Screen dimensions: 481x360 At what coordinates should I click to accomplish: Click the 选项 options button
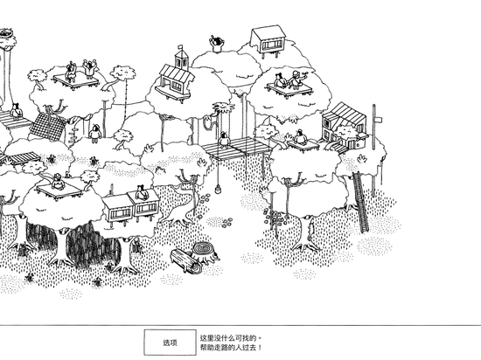pos(170,343)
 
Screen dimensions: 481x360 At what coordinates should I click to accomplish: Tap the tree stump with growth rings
pos(205,251)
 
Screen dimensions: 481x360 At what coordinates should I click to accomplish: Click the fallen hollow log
pos(186,260)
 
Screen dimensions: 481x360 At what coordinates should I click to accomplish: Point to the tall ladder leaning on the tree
pos(360,202)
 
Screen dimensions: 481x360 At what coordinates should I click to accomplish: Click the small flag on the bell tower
pos(180,47)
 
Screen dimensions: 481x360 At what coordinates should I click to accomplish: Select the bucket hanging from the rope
pos(218,189)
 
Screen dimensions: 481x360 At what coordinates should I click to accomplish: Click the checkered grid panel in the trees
pos(47,126)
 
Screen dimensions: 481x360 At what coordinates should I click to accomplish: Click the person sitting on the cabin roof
pos(142,192)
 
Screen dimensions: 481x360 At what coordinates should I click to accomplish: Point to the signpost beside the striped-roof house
pos(375,127)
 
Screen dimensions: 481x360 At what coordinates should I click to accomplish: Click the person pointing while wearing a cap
pos(296,80)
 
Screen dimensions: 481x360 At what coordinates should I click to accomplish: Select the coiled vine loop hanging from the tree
pos(207,123)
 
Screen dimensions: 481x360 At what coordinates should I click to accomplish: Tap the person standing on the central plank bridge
pos(224,140)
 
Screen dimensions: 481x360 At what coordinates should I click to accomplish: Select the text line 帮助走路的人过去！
pos(231,348)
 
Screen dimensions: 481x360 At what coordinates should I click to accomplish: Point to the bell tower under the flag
pos(181,61)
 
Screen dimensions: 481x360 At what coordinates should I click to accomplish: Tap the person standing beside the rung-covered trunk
pos(94,134)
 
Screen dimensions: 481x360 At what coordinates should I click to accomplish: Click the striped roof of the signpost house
pos(345,114)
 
